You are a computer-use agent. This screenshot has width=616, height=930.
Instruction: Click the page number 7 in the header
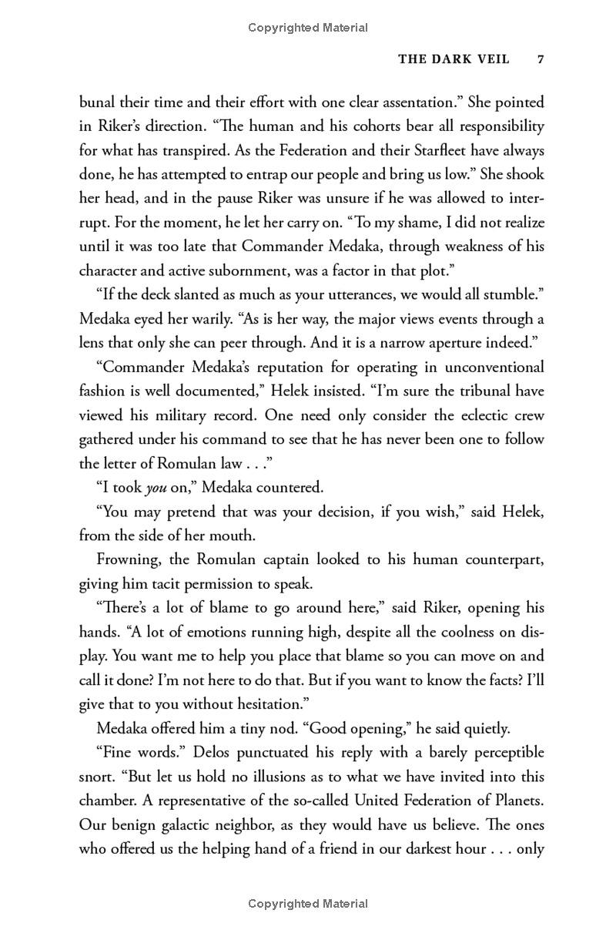coord(541,59)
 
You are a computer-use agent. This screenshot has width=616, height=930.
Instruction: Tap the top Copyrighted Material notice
coord(308,28)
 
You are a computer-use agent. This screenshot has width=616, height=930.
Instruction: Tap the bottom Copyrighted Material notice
coord(308,903)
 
